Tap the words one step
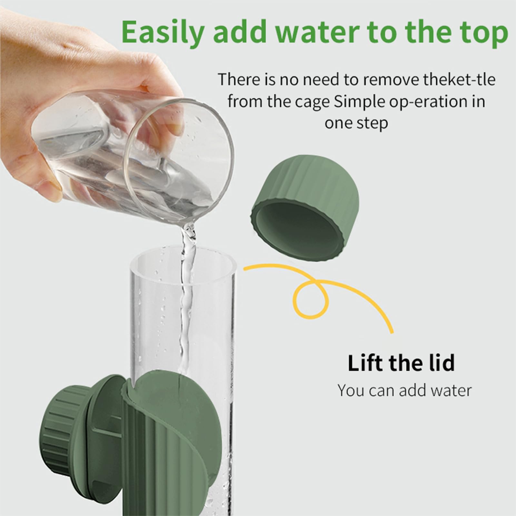click(356, 123)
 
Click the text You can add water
click(404, 390)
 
